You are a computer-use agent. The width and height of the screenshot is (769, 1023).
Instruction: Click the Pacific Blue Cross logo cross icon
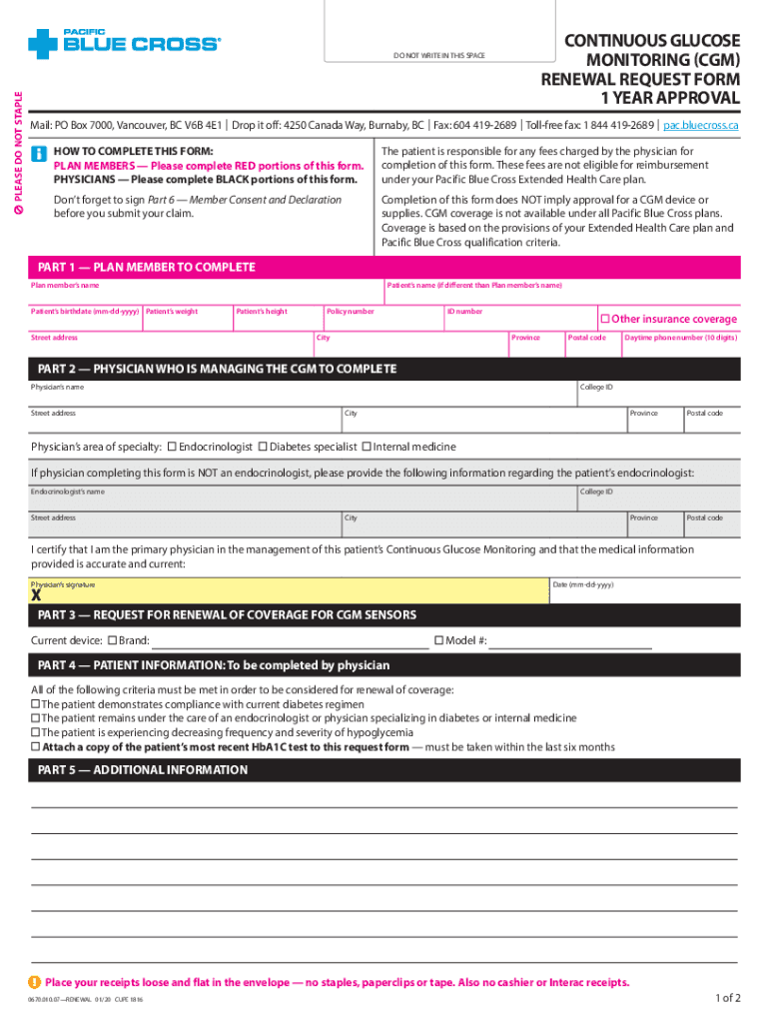[44, 43]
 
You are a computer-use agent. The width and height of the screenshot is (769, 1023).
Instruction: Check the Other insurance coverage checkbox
[603, 319]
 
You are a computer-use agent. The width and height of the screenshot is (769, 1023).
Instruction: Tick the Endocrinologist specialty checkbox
[172, 446]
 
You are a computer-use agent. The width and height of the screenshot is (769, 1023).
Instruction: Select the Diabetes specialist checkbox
[263, 446]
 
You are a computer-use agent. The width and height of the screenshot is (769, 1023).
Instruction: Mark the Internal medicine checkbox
[366, 446]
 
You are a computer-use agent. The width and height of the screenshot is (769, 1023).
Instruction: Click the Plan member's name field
[205, 293]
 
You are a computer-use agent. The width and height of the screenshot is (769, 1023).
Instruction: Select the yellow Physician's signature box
[289, 591]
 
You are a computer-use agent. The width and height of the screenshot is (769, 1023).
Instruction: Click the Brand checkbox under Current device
[113, 639]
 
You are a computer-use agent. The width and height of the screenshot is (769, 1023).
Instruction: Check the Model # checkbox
[438, 639]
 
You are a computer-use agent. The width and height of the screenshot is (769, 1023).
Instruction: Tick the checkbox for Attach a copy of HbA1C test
[36, 746]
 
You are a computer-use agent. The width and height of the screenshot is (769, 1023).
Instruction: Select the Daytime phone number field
[680, 345]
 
